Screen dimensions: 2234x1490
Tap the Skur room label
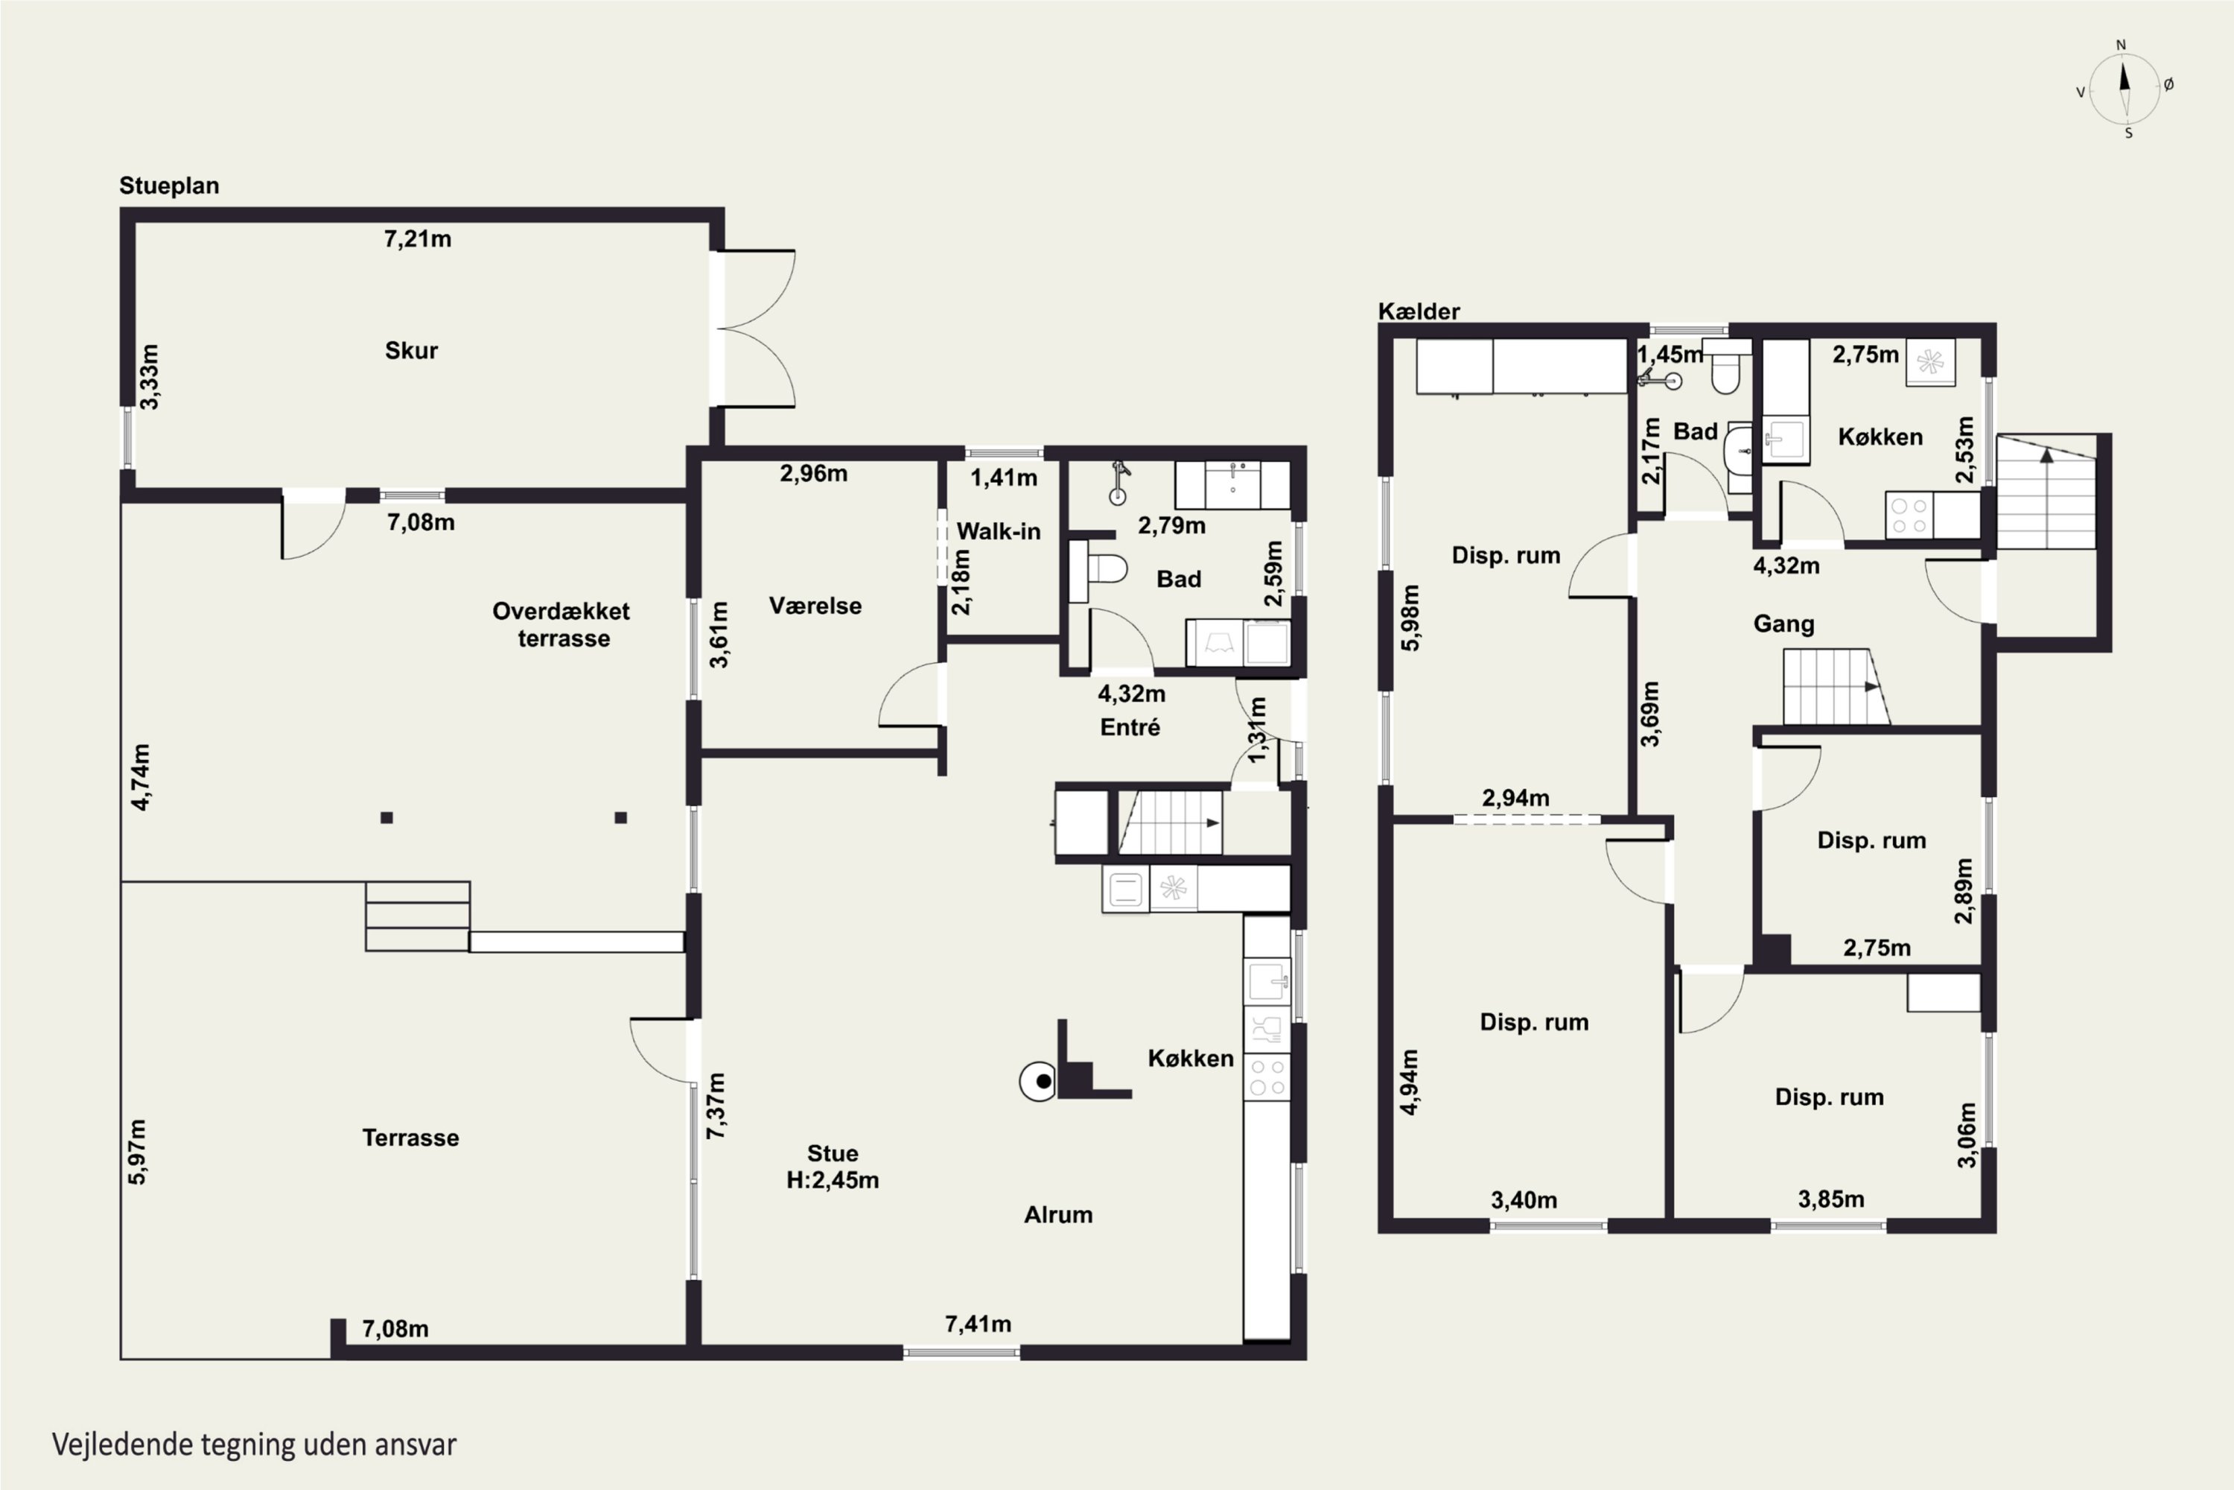point(411,351)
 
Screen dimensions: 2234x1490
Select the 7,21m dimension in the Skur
point(418,239)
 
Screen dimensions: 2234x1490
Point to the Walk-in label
point(999,531)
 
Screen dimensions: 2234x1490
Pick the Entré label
point(1130,727)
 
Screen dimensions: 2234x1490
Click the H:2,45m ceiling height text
point(833,1180)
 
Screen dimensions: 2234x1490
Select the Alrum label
point(1058,1214)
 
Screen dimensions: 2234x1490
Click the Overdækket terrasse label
point(561,624)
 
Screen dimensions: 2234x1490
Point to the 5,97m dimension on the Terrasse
point(138,1152)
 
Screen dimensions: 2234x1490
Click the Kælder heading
point(1419,311)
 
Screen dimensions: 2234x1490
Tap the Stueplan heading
point(169,186)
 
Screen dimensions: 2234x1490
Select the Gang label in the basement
point(1783,624)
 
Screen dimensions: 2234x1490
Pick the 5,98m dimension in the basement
point(1410,618)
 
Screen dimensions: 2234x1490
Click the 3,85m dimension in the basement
point(1831,1199)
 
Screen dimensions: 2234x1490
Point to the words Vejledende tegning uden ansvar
point(255,1445)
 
